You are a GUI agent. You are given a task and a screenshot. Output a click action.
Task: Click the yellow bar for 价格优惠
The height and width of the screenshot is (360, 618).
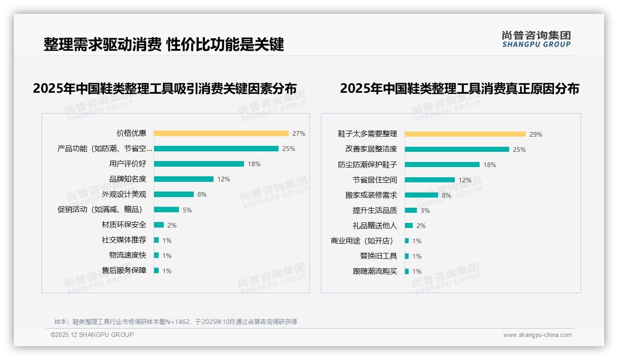tap(221, 133)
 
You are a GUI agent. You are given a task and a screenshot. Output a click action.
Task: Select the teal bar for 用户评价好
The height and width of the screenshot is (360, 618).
tap(199, 164)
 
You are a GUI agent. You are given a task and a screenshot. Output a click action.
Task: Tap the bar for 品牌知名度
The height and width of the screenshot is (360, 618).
tap(184, 179)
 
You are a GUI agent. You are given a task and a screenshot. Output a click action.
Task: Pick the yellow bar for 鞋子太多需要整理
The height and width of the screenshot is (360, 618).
tap(465, 134)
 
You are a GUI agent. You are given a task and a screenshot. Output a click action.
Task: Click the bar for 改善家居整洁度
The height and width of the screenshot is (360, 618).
tap(457, 150)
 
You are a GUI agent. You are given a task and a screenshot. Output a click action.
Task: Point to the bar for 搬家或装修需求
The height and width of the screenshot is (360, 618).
tap(421, 195)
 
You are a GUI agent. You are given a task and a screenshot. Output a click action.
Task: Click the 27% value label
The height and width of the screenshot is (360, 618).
tap(298, 133)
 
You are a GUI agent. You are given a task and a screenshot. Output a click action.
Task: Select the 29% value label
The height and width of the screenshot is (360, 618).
tap(535, 134)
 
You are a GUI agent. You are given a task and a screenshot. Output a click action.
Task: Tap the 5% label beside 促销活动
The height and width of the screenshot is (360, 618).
tap(187, 210)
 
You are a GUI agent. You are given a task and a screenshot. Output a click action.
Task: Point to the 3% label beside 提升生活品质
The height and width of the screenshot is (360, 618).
tap(425, 210)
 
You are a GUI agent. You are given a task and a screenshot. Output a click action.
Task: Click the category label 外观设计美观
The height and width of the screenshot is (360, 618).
tap(124, 194)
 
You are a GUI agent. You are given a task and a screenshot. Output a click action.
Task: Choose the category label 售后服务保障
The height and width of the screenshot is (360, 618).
tap(124, 270)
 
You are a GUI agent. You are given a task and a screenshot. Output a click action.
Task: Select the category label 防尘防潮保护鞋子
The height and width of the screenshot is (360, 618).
tap(367, 165)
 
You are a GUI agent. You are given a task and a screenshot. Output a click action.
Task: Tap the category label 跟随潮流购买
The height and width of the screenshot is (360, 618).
tap(374, 271)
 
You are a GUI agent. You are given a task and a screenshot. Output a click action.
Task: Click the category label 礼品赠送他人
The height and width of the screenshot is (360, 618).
tap(374, 226)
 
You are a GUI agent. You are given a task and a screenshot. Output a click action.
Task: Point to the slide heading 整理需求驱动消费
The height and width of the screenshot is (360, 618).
tap(102, 44)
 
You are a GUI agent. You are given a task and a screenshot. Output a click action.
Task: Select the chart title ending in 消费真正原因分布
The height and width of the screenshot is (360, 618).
tap(459, 88)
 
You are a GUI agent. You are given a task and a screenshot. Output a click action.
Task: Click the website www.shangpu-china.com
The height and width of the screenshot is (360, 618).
tap(537, 335)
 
